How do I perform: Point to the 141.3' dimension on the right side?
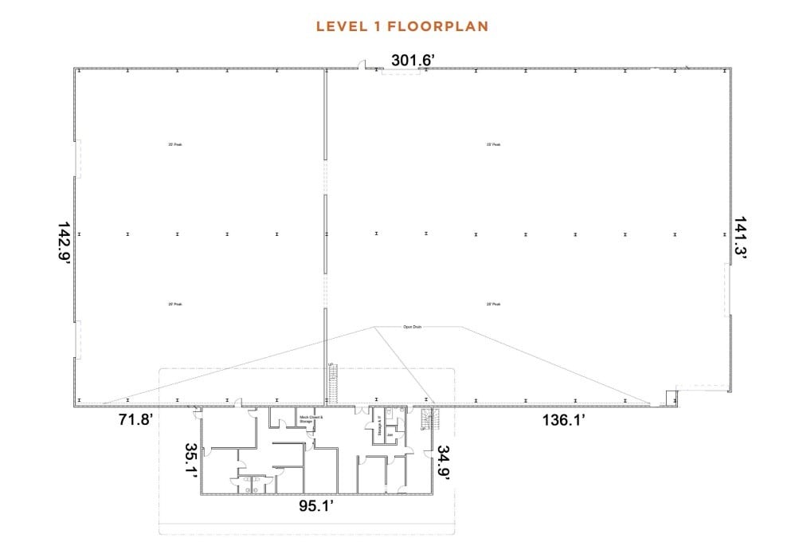(740, 238)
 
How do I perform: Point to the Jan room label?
(390, 435)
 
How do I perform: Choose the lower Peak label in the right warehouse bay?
(493, 304)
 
